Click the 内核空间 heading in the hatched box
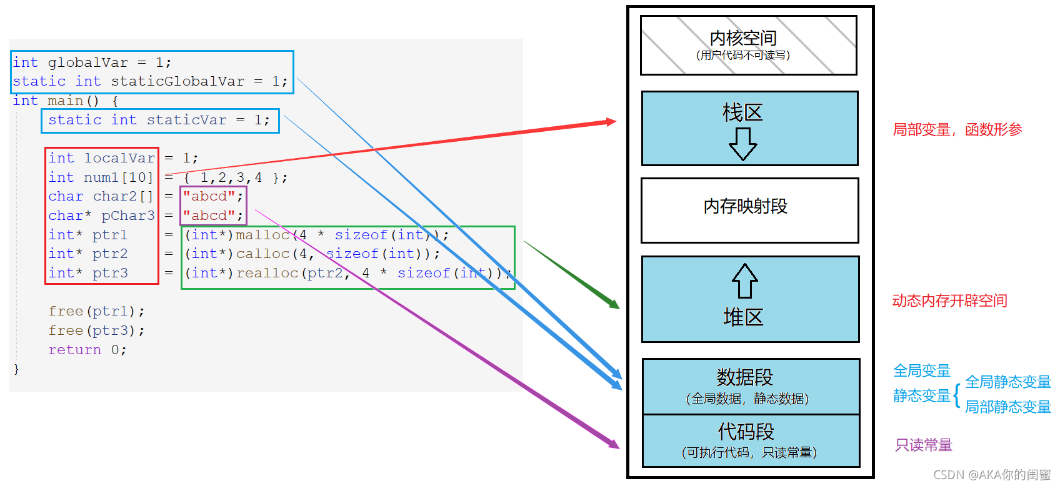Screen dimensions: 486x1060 pyautogui.click(x=743, y=38)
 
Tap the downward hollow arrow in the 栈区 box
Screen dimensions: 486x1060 pyautogui.click(x=743, y=144)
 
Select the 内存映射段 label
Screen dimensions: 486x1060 pyautogui.click(x=746, y=206)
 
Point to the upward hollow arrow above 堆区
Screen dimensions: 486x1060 pyautogui.click(x=745, y=281)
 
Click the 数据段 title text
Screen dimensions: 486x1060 pyautogui.click(x=745, y=377)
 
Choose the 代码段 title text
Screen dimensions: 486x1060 pyautogui.click(x=746, y=431)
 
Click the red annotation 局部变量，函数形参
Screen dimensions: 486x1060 pyautogui.click(x=957, y=130)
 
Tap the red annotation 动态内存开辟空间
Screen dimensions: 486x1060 pyautogui.click(x=949, y=301)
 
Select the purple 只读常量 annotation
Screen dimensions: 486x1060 pyautogui.click(x=924, y=445)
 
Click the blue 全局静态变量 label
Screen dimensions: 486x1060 pyautogui.click(x=1007, y=382)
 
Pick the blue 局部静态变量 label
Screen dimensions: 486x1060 pyautogui.click(x=1007, y=407)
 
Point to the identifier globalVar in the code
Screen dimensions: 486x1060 pyautogui.click(x=88, y=62)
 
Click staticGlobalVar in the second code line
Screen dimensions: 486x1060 pyautogui.click(x=177, y=81)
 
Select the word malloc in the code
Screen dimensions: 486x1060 pyautogui.click(x=262, y=235)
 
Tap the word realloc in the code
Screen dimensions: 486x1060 pyautogui.click(x=267, y=273)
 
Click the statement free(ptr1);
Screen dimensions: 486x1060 pyautogui.click(x=97, y=311)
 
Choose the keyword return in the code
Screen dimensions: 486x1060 pyautogui.click(x=75, y=350)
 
